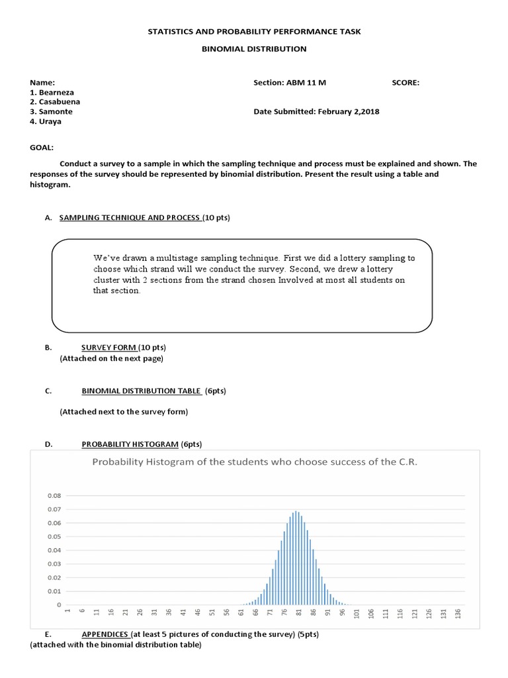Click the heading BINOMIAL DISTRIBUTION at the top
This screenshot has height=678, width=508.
pyautogui.click(x=254, y=48)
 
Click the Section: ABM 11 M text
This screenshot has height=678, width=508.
pyautogui.click(x=290, y=83)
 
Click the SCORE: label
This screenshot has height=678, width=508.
pyautogui.click(x=405, y=83)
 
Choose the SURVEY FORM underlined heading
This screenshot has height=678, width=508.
pyautogui.click(x=109, y=348)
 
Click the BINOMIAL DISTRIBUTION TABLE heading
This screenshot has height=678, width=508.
pyautogui.click(x=142, y=391)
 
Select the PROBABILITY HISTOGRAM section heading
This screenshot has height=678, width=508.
pyautogui.click(x=130, y=444)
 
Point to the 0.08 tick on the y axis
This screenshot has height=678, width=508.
pyautogui.click(x=54, y=495)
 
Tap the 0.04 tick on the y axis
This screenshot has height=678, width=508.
pyautogui.click(x=54, y=550)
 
